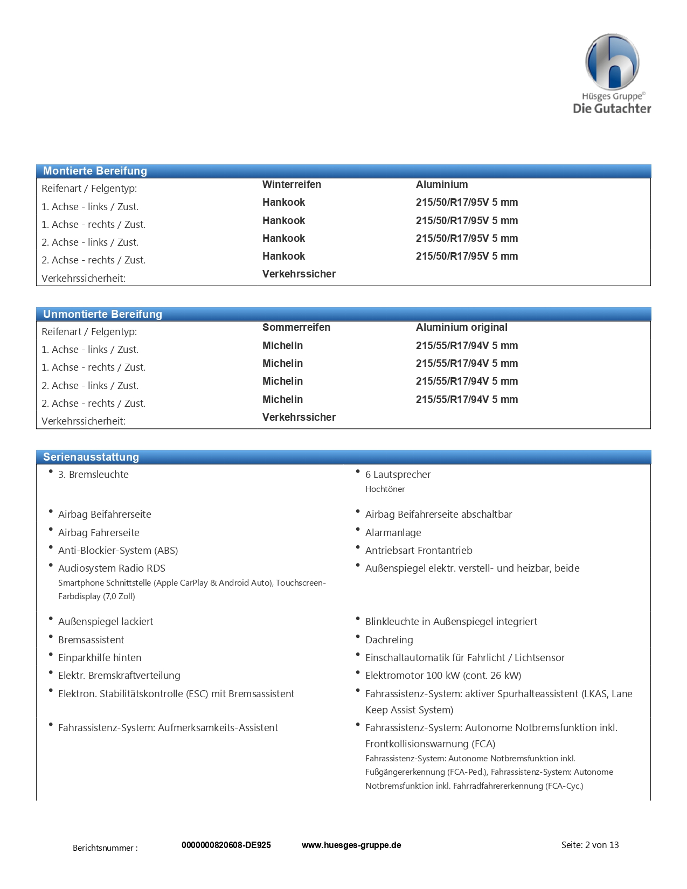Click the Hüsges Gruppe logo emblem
pos(612,61)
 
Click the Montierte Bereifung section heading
pos(95,171)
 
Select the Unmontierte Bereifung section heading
pos(102,314)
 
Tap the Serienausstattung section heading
pos(91,457)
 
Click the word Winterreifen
pos(292,184)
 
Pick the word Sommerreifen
pos(296,327)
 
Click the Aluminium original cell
pos(461,327)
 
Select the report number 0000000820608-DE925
pos(226,845)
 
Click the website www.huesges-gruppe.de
pos(351,845)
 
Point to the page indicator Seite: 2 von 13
pos(589,845)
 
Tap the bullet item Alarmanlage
pos(393,532)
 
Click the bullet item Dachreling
pos(389,640)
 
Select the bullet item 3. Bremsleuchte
pos(93,474)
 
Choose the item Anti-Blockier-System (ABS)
pos(118,550)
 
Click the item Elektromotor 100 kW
pos(443,675)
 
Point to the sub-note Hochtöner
pos(385,489)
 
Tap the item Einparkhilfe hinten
pos(100,657)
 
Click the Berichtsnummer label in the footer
pos(105,848)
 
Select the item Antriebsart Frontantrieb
pos(419,550)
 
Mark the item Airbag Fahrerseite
pos(99,532)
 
